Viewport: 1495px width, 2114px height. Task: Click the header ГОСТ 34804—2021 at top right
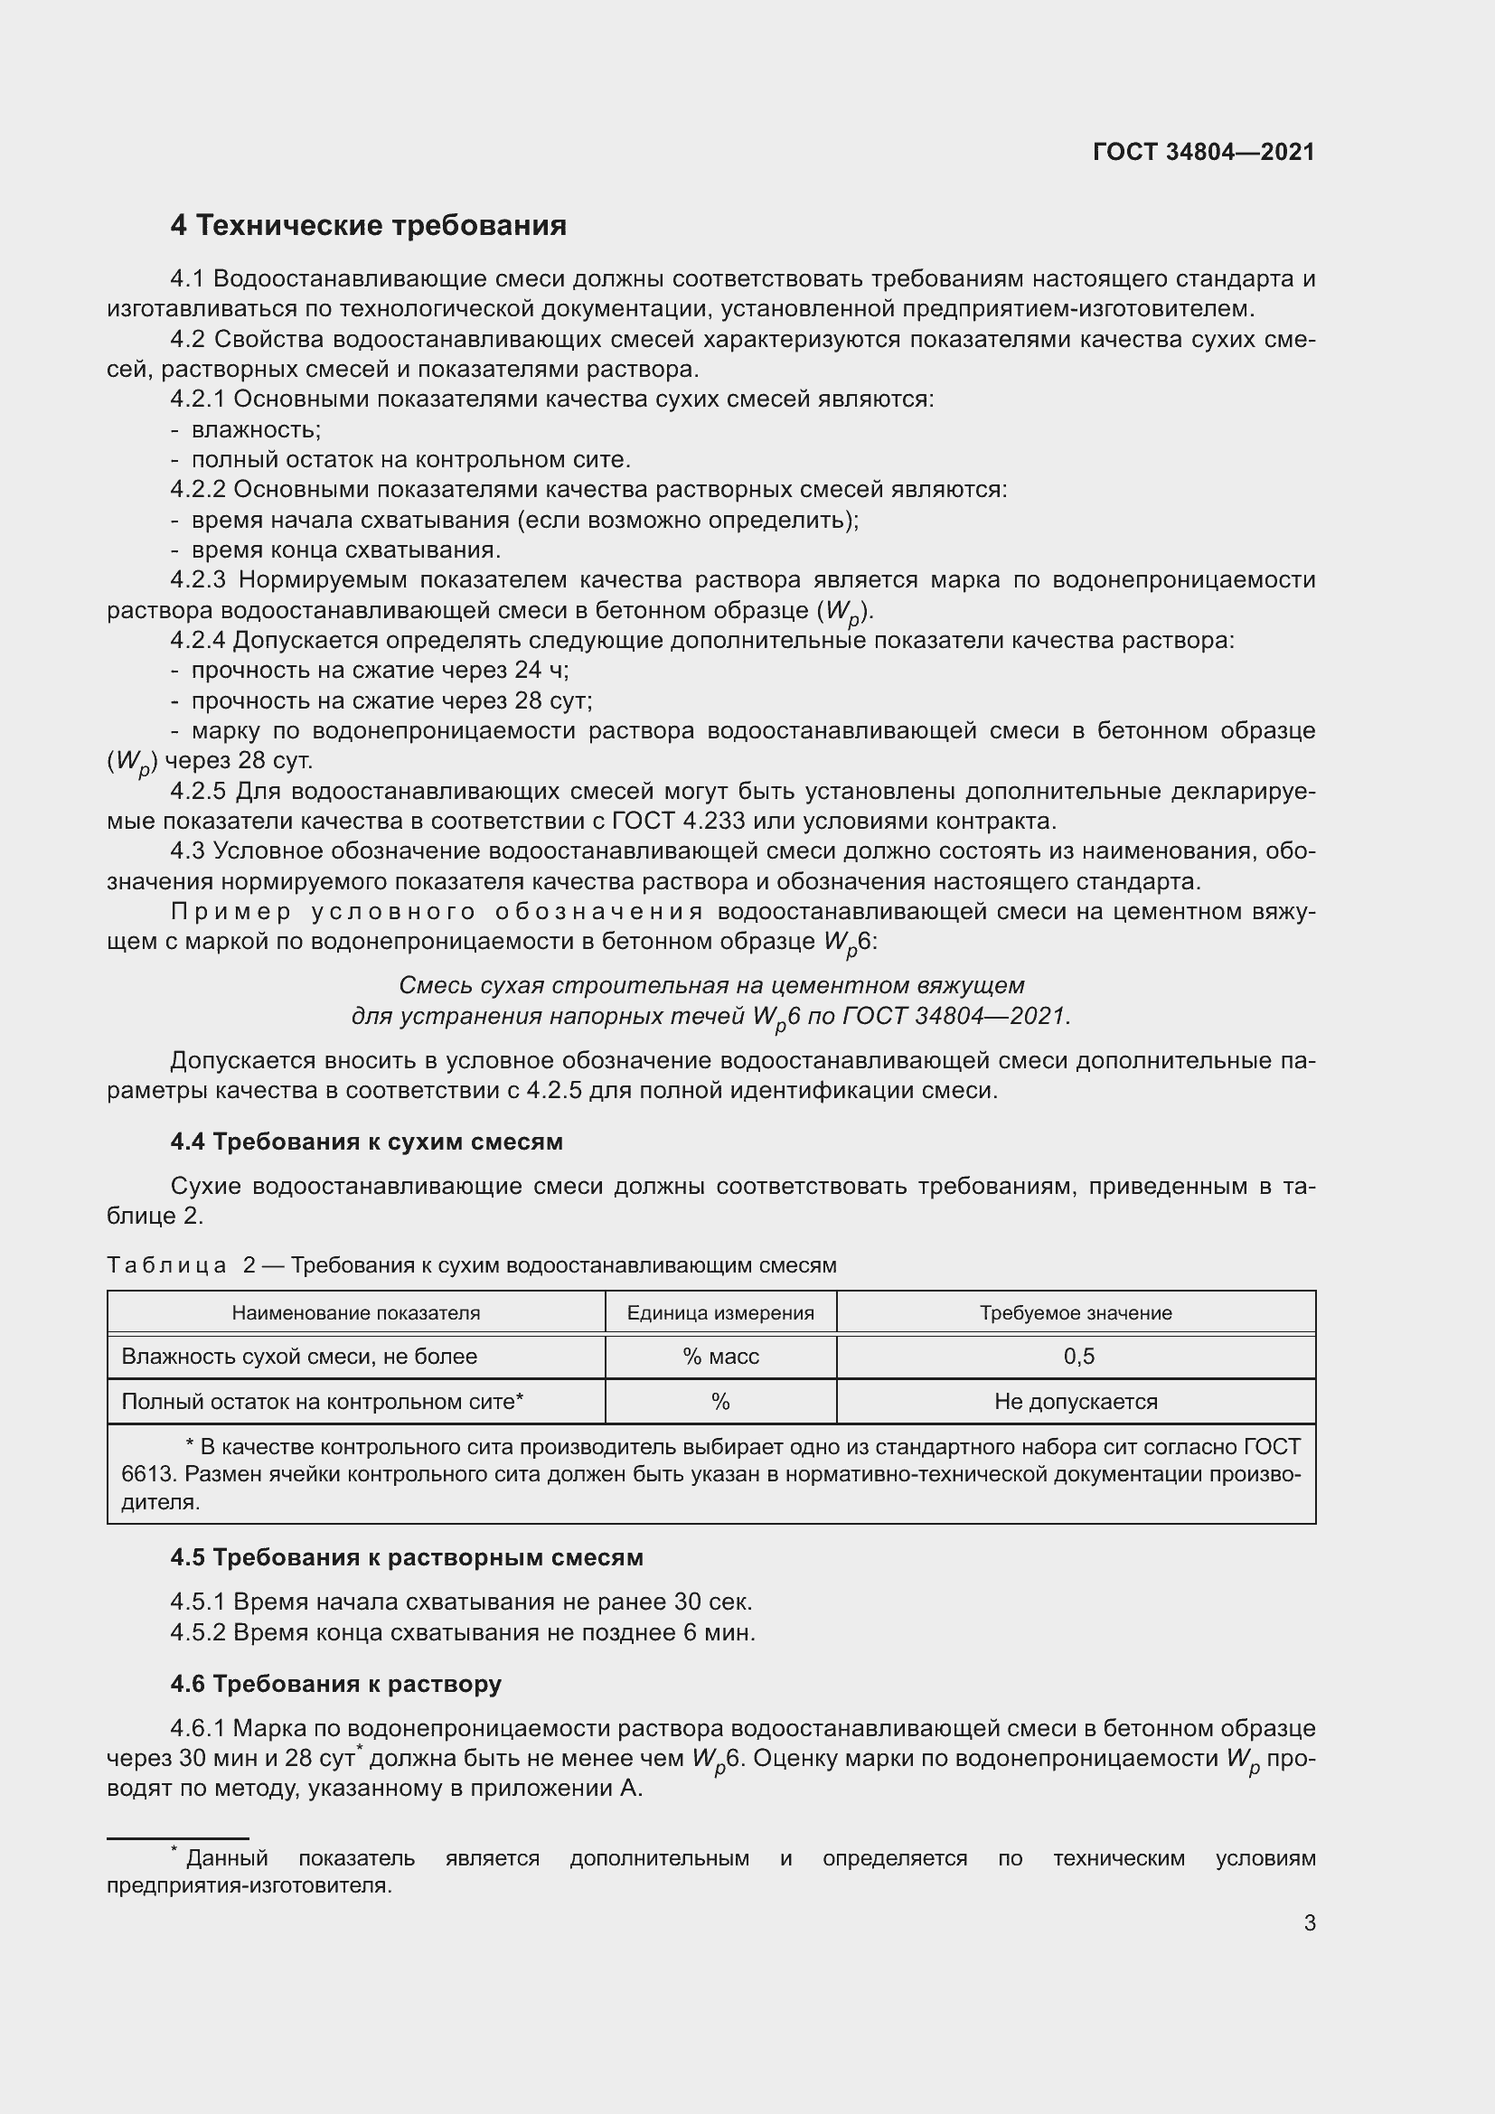coord(1203,153)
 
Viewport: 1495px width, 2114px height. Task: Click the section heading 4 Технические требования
coord(368,226)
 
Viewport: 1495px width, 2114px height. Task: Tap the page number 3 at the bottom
coord(1309,1922)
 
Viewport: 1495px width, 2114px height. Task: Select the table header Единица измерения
coord(719,1313)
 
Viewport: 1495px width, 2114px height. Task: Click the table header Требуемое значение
coord(1076,1313)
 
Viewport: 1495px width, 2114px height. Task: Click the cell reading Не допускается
coord(1076,1402)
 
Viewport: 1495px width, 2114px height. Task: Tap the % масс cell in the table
coord(719,1357)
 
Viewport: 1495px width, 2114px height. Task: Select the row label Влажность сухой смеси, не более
coord(299,1357)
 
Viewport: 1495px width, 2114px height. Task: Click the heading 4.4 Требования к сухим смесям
coord(366,1142)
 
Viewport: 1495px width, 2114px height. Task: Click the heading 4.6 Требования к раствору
coord(336,1684)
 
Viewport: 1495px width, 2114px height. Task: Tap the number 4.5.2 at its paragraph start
coord(198,1633)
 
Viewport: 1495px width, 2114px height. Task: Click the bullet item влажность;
coord(256,430)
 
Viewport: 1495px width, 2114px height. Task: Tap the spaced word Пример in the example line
coord(231,912)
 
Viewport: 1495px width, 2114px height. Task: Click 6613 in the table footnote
coord(147,1474)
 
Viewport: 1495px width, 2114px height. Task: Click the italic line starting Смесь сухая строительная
coord(710,986)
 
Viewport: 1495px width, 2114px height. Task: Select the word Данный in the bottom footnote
coord(227,1858)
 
